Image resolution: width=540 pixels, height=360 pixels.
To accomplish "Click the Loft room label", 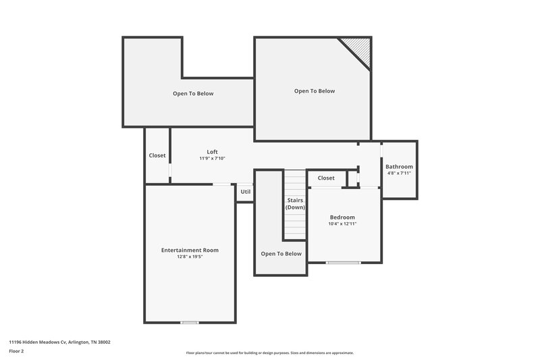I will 212,151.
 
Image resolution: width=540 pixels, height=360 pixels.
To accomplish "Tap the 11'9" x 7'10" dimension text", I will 212,158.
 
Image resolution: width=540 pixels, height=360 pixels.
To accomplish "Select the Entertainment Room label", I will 190,250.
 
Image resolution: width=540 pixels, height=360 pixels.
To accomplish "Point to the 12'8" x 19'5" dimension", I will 190,257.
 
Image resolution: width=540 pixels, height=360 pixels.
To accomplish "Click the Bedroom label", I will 342,217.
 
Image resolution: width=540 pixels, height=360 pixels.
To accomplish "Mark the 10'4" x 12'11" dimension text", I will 342,224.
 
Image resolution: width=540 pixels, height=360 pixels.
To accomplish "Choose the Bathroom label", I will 399,167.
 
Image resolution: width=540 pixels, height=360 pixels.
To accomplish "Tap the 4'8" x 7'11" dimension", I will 399,173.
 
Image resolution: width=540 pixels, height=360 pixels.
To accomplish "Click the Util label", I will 245,191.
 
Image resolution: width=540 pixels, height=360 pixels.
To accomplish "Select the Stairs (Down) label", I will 295,204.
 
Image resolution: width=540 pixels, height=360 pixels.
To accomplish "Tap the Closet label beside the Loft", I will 157,155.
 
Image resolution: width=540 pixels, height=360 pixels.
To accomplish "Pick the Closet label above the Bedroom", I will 326,178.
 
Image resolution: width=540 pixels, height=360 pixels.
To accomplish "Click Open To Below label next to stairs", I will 281,254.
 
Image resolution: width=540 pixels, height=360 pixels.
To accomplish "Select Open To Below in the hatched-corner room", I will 314,91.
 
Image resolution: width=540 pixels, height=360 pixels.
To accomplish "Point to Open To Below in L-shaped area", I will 193,93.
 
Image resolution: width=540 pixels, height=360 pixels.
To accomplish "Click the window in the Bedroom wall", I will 339,262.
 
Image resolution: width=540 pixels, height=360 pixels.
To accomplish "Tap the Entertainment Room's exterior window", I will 190,322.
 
